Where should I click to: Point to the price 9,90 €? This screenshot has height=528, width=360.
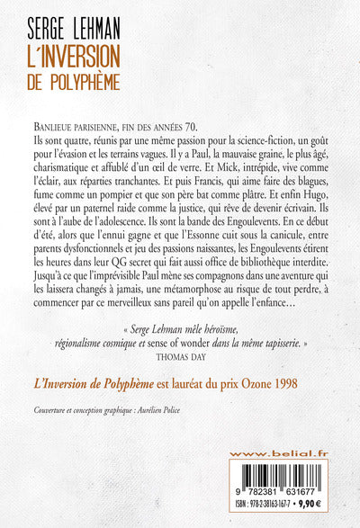(x=318, y=511)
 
